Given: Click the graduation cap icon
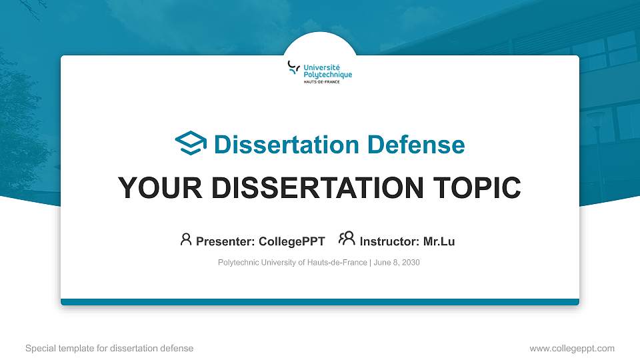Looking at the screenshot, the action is click(x=191, y=143).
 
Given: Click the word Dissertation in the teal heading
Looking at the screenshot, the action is click(x=287, y=145).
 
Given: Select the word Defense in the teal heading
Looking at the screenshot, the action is click(x=416, y=145).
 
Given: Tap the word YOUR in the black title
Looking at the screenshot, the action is click(x=160, y=188).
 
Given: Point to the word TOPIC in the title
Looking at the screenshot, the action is click(x=477, y=188).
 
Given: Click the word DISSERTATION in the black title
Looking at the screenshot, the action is click(x=317, y=188).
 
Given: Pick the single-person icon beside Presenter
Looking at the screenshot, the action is click(x=186, y=239).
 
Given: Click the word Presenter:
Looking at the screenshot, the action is click(x=225, y=241).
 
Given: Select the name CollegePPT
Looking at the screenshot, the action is click(x=292, y=241).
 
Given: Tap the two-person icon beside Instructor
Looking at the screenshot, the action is click(x=347, y=239).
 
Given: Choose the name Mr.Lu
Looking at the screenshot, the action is click(x=439, y=241).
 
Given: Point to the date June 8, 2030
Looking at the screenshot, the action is click(x=397, y=263).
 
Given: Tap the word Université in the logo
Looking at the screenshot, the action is click(x=321, y=68).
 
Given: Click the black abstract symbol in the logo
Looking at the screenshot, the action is click(x=293, y=67).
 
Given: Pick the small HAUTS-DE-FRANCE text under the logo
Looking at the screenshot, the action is click(x=321, y=81).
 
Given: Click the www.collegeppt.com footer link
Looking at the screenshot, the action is click(x=572, y=349).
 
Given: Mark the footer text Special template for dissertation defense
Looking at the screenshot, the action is click(x=109, y=349).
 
